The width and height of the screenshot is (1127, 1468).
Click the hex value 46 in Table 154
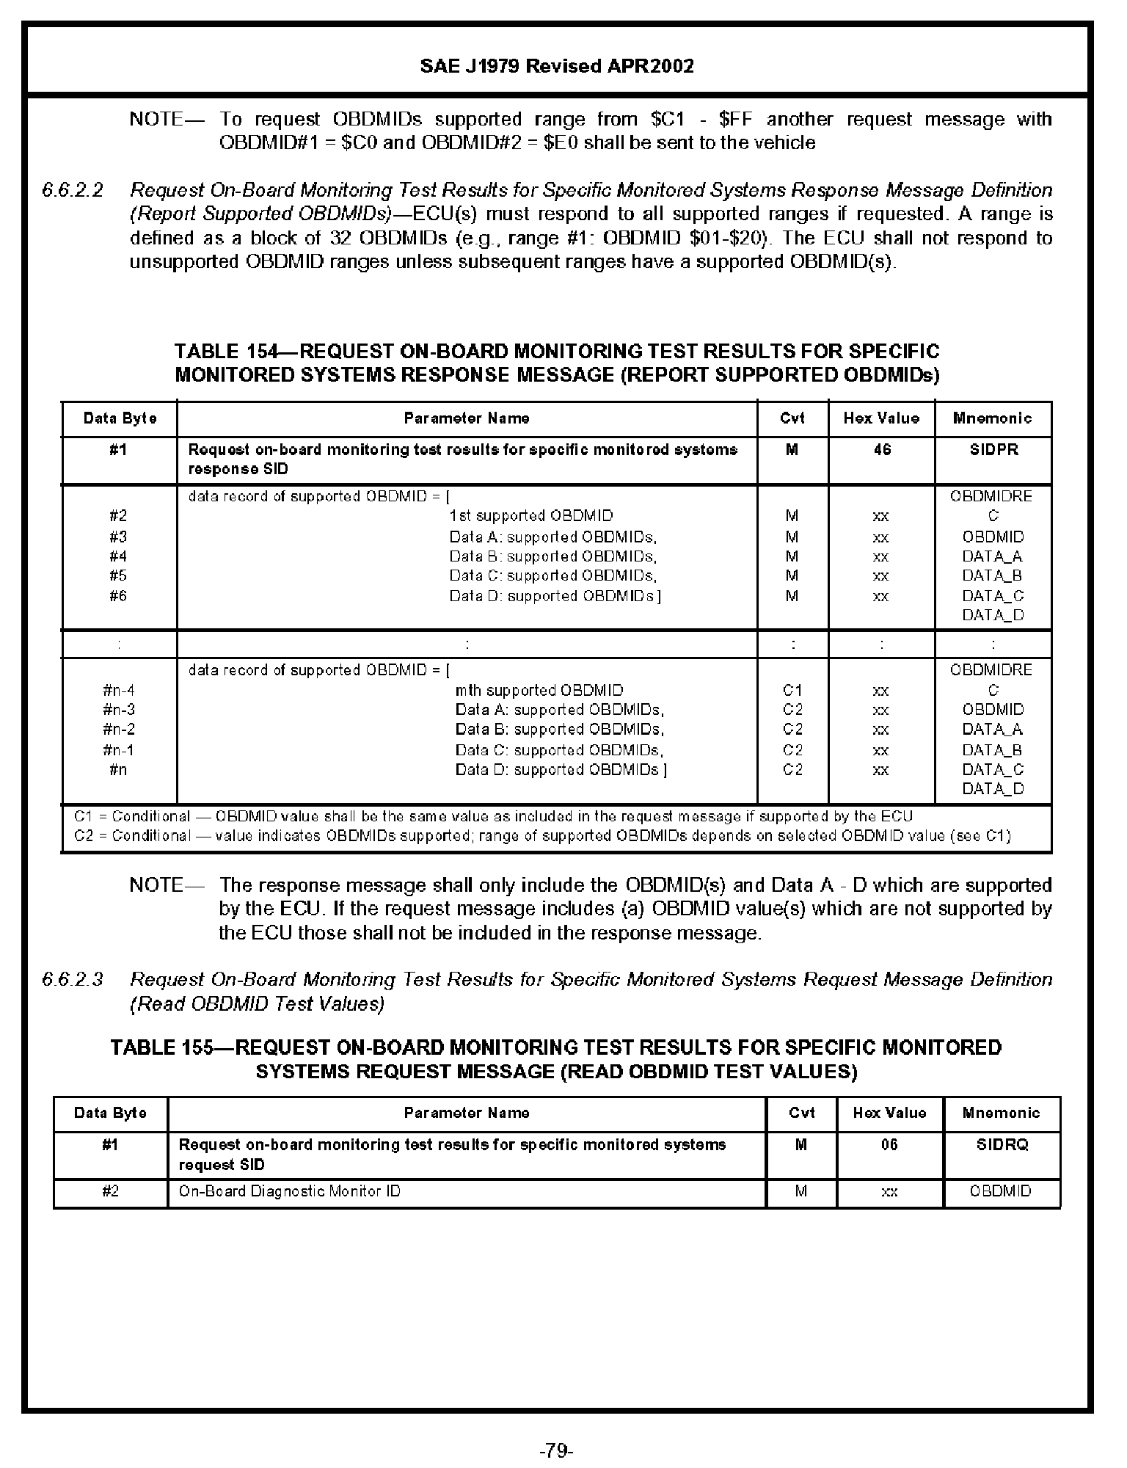click(x=882, y=449)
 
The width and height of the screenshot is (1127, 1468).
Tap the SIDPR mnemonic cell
click(x=993, y=449)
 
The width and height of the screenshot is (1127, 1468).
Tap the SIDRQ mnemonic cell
click(x=1002, y=1144)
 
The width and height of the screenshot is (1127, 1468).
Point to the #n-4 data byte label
click(x=119, y=690)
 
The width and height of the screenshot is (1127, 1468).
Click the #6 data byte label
click(x=118, y=596)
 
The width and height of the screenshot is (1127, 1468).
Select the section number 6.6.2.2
click(x=73, y=190)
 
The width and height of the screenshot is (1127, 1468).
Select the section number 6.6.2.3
click(x=73, y=979)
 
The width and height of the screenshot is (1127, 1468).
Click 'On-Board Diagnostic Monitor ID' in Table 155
click(x=290, y=1191)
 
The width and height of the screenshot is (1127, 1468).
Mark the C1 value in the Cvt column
click(x=792, y=690)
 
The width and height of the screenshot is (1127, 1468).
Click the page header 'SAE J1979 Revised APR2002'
click(x=557, y=66)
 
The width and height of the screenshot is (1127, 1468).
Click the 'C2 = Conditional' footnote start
click(x=132, y=835)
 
